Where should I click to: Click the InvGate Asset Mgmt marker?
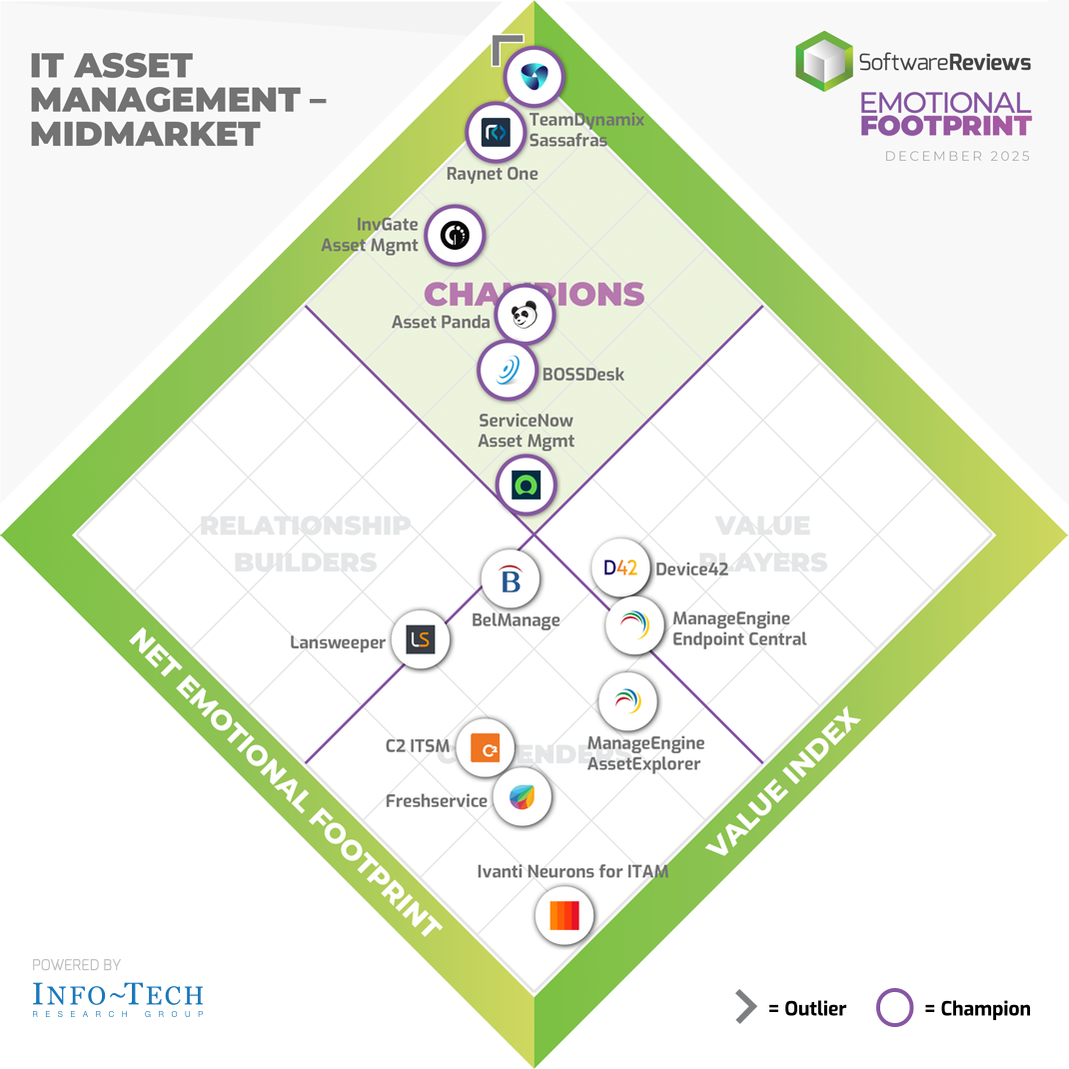click(x=455, y=236)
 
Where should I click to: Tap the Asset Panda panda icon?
click(x=526, y=317)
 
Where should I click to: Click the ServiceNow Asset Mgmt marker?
click(x=527, y=485)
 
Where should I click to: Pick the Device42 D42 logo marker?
click(x=620, y=567)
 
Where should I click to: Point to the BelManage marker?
click(x=511, y=579)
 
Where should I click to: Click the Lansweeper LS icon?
click(x=421, y=640)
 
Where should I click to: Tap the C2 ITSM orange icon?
click(x=485, y=746)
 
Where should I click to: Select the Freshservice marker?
click(x=523, y=796)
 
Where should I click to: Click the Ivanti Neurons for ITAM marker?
click(x=564, y=915)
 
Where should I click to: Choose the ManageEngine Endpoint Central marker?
click(x=634, y=625)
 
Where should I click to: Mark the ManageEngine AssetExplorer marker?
click(x=627, y=701)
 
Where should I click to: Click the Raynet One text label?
click(x=492, y=174)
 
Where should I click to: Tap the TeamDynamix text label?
click(x=586, y=121)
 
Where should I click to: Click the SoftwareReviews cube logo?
click(x=824, y=62)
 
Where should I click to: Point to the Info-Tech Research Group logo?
click(x=117, y=997)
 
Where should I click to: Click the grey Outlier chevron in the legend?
click(x=745, y=1008)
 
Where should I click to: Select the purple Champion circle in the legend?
click(x=894, y=1008)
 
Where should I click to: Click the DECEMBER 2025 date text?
click(x=957, y=156)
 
